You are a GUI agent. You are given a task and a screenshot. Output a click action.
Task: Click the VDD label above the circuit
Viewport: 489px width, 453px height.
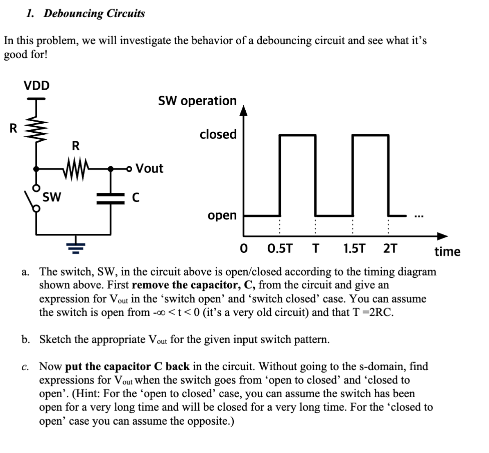(36, 86)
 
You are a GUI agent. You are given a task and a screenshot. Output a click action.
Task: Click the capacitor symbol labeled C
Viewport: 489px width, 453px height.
(111, 198)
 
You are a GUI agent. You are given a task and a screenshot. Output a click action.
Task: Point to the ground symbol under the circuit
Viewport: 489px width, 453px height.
(76, 246)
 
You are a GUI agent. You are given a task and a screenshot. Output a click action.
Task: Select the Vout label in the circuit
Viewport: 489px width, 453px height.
(149, 168)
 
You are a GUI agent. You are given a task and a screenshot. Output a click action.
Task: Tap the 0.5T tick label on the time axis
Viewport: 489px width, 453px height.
(280, 249)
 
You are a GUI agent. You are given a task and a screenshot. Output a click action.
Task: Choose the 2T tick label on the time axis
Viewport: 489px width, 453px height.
(390, 249)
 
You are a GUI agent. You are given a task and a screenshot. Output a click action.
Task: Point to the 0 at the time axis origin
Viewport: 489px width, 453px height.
(245, 249)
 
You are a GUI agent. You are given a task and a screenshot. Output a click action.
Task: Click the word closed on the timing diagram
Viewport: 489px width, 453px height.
(218, 134)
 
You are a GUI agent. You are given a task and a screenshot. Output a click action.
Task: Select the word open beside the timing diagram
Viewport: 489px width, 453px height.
(222, 215)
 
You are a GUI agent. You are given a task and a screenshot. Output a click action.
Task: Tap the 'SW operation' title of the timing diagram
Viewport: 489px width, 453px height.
(197, 101)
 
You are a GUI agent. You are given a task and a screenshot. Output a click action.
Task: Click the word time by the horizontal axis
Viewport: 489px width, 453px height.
(447, 251)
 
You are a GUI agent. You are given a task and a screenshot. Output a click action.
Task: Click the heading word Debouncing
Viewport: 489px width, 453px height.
(73, 14)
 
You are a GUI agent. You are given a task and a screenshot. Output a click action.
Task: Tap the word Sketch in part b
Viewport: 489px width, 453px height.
(57, 340)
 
